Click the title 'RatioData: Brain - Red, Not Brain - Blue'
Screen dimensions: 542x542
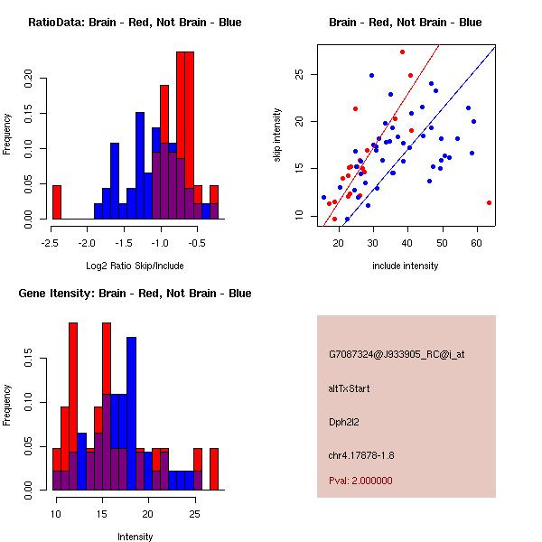point(134,23)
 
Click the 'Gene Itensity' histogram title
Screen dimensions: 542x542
point(134,294)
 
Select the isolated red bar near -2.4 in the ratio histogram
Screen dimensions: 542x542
point(56,202)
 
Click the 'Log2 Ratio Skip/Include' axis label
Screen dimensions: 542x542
point(135,266)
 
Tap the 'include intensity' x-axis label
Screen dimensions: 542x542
point(405,266)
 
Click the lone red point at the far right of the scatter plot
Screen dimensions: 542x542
point(489,203)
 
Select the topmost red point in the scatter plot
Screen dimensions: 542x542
point(402,51)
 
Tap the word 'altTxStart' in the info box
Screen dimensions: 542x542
point(350,388)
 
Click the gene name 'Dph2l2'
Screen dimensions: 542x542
point(345,421)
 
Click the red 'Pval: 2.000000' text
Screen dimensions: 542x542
point(360,481)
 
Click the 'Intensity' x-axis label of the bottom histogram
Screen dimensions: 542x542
point(135,537)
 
